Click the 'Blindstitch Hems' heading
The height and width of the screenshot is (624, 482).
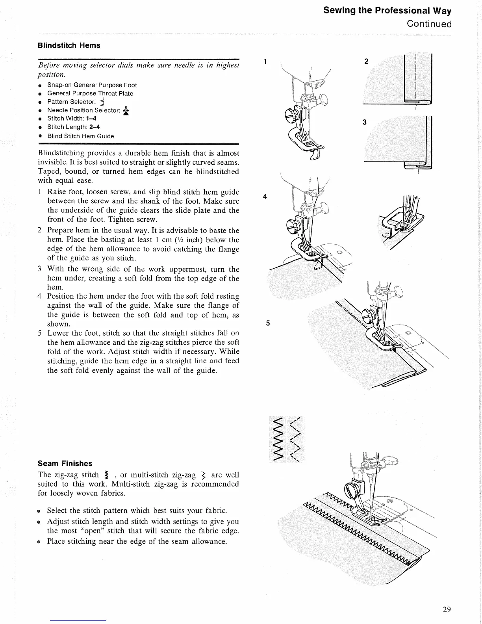[69, 45]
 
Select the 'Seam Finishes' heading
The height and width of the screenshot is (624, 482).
[65, 463]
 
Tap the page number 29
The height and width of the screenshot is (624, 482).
[447, 610]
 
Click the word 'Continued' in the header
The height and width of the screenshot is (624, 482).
[429, 24]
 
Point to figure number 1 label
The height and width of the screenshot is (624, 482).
[265, 61]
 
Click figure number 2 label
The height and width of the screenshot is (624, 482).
[366, 61]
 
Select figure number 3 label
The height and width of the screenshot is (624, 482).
[364, 122]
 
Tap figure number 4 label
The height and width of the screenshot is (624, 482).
[265, 197]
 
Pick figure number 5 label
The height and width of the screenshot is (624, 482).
[268, 323]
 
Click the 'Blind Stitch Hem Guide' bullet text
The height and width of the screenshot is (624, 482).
[81, 136]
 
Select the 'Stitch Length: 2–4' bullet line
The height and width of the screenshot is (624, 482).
[74, 127]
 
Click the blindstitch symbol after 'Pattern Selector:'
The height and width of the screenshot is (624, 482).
[102, 102]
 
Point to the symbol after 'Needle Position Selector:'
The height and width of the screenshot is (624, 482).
[126, 111]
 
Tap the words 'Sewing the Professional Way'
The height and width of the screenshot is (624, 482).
[387, 10]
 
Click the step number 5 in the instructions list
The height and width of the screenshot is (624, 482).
[40, 333]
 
